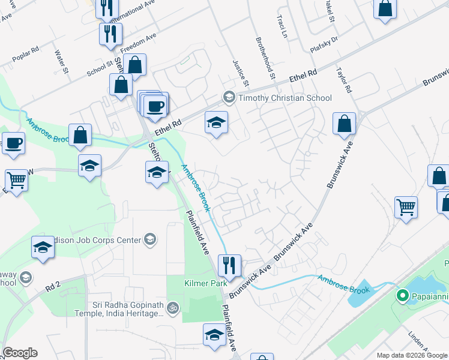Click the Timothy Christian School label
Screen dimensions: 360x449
pos(285,98)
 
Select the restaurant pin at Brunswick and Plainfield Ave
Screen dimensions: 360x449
pos(229,265)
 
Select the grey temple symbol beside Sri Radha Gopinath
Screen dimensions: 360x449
pos(173,308)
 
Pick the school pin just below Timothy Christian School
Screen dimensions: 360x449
pos(217,124)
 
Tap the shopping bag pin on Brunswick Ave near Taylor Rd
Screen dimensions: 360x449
pos(345,124)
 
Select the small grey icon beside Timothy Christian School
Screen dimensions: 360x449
pos(229,97)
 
